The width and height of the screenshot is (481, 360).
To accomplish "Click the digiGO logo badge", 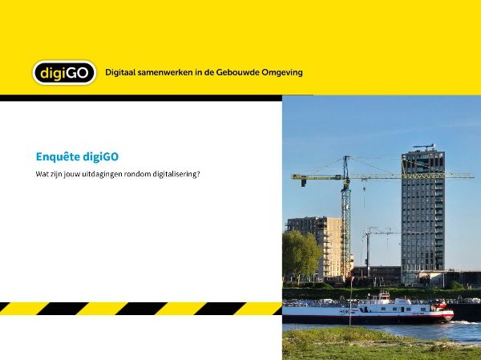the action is click(x=64, y=73).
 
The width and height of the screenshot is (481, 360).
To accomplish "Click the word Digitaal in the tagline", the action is click(x=120, y=73).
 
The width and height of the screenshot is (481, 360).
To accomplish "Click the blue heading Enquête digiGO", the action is click(x=77, y=157).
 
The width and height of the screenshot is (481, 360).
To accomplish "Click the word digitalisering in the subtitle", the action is click(x=176, y=174).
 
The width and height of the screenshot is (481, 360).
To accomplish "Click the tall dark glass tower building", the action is click(x=422, y=215).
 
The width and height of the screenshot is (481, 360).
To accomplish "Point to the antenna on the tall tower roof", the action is click(x=424, y=147).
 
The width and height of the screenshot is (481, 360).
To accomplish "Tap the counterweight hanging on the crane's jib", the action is click(x=304, y=183).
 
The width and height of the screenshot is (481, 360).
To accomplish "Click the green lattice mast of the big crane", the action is click(x=346, y=221).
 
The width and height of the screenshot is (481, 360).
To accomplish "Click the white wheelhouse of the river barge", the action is click(x=383, y=297).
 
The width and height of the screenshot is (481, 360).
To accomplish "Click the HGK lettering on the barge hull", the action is click(x=345, y=312).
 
